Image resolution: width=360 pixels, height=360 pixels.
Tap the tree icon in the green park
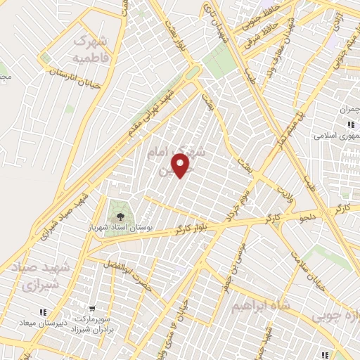tap(120, 215)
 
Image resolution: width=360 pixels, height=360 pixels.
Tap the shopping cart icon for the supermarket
tap(92, 308)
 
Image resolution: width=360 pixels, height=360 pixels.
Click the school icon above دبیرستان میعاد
tap(42, 311)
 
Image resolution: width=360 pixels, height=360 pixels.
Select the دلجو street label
tap(309, 219)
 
